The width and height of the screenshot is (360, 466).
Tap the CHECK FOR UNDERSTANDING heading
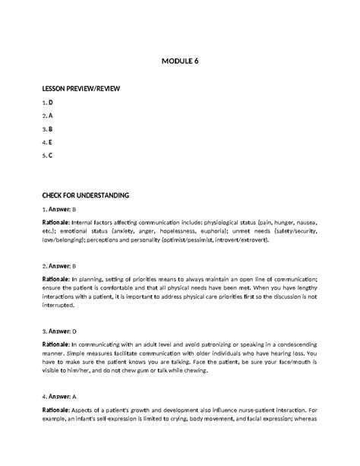[x=86, y=195]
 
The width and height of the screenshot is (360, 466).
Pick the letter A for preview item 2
[x=51, y=116]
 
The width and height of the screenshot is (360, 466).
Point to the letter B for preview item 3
[x=51, y=130]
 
